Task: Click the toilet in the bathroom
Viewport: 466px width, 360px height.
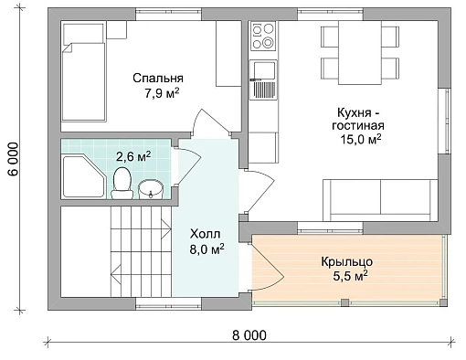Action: pos(122,184)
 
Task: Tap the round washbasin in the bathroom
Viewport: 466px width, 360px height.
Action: pos(151,189)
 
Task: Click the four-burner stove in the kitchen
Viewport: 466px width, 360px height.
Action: pos(263,36)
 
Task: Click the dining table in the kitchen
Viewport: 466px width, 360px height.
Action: pos(360,53)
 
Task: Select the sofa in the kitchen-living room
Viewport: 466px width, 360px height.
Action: pos(380,200)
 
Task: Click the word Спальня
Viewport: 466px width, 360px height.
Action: pos(158,79)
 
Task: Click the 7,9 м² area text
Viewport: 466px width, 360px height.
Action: pos(162,93)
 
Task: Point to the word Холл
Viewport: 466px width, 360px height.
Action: pos(205,234)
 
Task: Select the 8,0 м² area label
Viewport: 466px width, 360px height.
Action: pos(207,249)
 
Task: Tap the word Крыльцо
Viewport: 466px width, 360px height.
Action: pos(347,262)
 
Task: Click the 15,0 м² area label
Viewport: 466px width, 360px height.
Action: pos(361,140)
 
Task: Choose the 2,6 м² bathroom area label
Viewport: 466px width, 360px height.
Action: pos(133,156)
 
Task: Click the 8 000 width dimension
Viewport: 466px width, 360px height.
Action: pos(249,335)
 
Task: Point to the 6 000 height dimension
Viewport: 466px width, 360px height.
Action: pos(14,159)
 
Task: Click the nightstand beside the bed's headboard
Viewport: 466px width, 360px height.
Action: pos(117,30)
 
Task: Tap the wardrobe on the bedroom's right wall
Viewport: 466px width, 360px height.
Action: pos(228,54)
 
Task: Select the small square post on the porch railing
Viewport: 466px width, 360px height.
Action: pos(344,302)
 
